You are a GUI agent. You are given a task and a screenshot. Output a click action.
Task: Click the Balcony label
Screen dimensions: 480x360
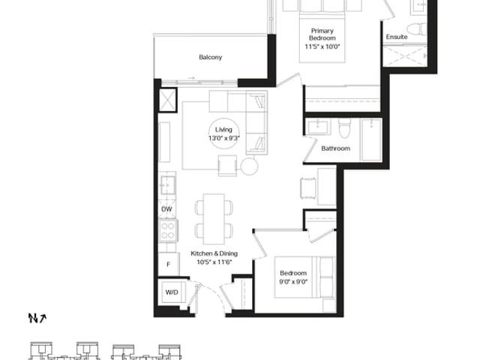[x=210, y=57]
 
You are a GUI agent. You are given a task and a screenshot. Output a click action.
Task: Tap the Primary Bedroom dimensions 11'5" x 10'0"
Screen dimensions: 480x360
[x=322, y=46]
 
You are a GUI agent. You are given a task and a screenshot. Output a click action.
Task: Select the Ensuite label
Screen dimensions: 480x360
[x=397, y=37]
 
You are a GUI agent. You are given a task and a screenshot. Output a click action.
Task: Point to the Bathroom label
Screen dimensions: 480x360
[x=335, y=148]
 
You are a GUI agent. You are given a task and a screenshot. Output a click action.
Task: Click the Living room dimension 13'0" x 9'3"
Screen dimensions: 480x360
[x=223, y=138]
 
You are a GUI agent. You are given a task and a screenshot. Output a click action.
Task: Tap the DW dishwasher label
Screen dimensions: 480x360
[x=166, y=209]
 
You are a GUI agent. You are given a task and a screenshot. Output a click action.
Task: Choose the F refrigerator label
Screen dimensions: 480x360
[x=168, y=264]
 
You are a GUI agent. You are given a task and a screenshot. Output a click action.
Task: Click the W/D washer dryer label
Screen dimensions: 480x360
[x=172, y=292]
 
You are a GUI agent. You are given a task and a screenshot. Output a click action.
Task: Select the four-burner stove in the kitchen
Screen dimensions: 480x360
[x=168, y=231]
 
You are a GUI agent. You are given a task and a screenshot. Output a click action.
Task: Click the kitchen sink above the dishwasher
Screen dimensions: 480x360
[x=168, y=185]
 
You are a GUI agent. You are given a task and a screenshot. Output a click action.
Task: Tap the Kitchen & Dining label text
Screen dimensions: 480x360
[x=214, y=253]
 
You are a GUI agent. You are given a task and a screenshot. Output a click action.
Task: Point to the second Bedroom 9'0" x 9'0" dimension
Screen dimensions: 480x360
[x=293, y=282]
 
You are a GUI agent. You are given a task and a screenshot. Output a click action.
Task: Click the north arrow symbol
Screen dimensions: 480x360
[x=37, y=318]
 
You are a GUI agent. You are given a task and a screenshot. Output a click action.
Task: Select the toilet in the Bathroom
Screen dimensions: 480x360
[x=345, y=128]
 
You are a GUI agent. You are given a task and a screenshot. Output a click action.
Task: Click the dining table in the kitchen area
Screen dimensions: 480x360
[x=214, y=219]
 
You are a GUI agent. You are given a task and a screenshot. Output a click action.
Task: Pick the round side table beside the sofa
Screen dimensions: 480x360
[x=249, y=166]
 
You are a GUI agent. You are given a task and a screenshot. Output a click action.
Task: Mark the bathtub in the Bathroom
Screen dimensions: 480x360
[x=371, y=140]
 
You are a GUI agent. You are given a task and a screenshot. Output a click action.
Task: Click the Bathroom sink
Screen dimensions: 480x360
[x=319, y=127]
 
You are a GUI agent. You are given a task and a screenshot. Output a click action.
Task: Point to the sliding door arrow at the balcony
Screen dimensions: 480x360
[x=192, y=78]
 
